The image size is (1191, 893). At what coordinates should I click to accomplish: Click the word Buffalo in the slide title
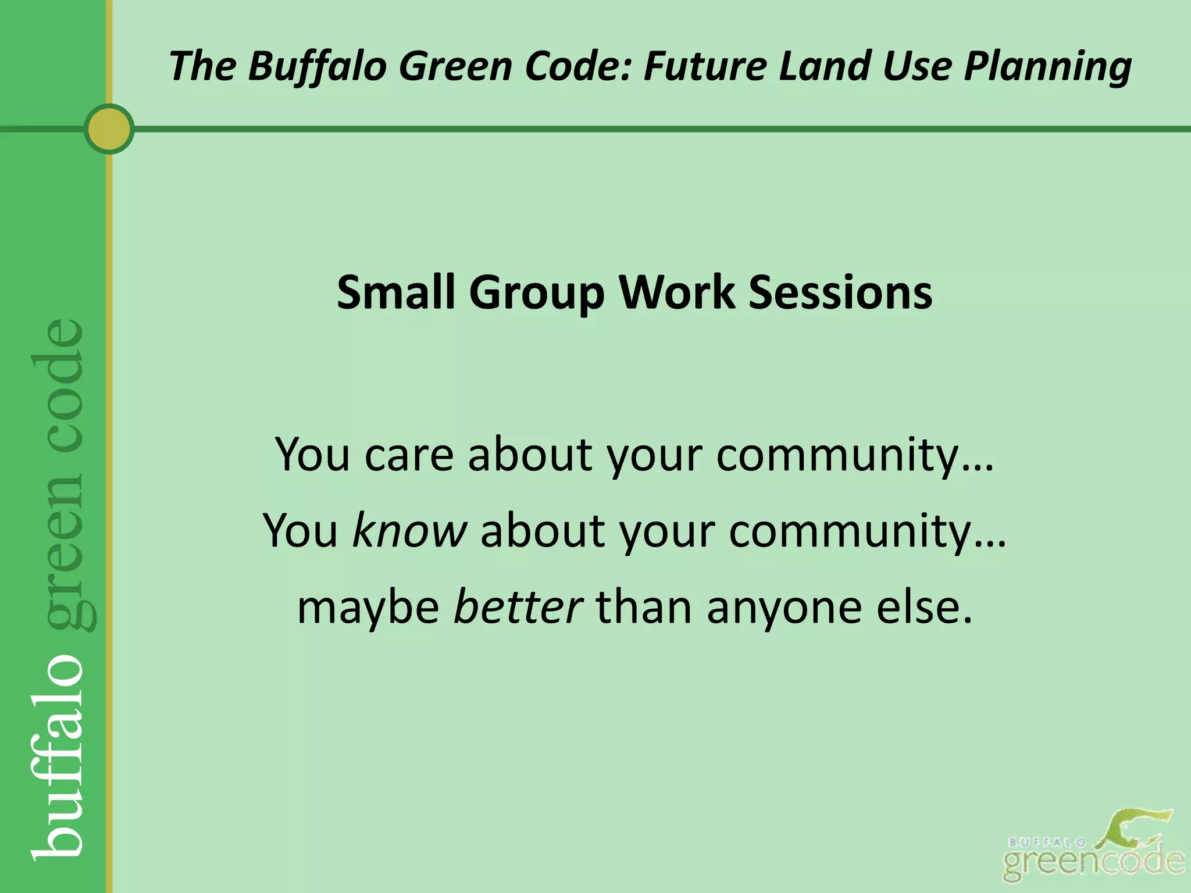317,65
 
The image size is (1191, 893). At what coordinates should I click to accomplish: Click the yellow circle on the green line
109,129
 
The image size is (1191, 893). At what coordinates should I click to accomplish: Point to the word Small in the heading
395,292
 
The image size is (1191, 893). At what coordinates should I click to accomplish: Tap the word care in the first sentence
408,454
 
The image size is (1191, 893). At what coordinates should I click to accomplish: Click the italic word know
409,530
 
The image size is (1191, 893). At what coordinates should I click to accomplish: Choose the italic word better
518,607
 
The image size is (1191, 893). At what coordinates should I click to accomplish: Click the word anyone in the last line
784,608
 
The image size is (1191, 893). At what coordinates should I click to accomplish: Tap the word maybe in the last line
368,608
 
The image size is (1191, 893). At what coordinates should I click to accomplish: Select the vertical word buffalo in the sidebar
58,756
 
